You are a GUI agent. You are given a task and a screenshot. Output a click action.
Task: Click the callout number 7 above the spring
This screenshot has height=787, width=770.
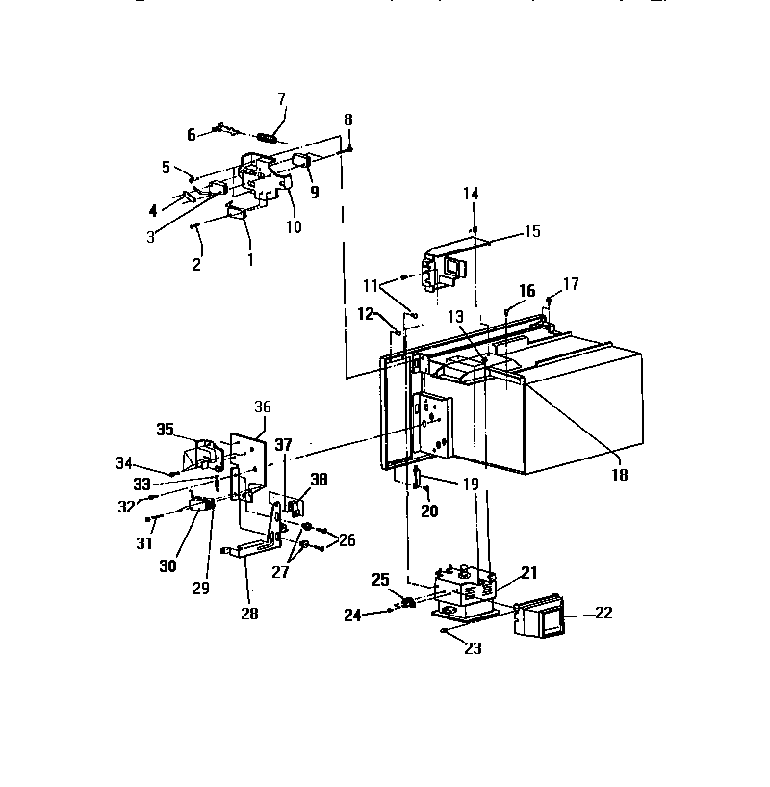[282, 99]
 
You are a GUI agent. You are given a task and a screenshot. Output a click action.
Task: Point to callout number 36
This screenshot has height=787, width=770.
[264, 407]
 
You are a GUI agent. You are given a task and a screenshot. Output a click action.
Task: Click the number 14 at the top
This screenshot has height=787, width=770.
[470, 193]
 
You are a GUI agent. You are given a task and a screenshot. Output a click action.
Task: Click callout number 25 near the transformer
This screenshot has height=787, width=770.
[381, 579]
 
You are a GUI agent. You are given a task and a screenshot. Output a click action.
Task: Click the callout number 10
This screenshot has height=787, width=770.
[294, 227]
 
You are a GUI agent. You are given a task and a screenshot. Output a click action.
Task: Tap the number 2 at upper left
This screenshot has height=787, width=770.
[197, 263]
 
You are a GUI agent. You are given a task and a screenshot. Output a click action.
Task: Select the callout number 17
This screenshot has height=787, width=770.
[571, 284]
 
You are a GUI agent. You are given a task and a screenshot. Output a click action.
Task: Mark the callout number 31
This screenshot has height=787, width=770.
[144, 543]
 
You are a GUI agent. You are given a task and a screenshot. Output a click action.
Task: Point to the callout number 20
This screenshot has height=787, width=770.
[429, 512]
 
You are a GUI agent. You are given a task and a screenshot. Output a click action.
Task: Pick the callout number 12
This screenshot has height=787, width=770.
[366, 313]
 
